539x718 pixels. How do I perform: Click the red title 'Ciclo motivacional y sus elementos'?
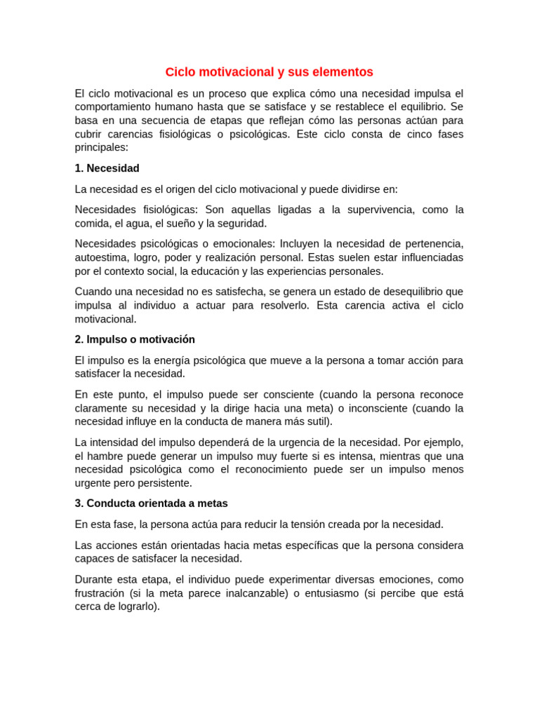tap(269, 72)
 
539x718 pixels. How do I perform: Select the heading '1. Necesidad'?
tap(107, 168)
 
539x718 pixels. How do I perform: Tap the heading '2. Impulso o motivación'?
tap(135, 339)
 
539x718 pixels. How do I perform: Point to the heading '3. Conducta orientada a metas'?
tap(151, 503)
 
